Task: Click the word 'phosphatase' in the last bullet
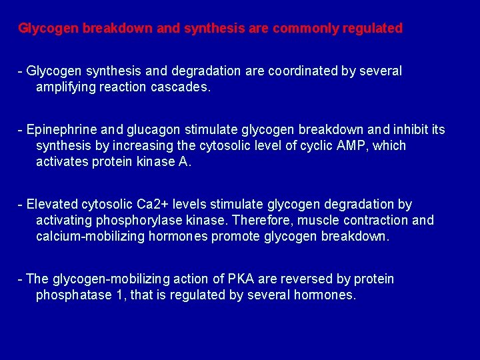(73, 295)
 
